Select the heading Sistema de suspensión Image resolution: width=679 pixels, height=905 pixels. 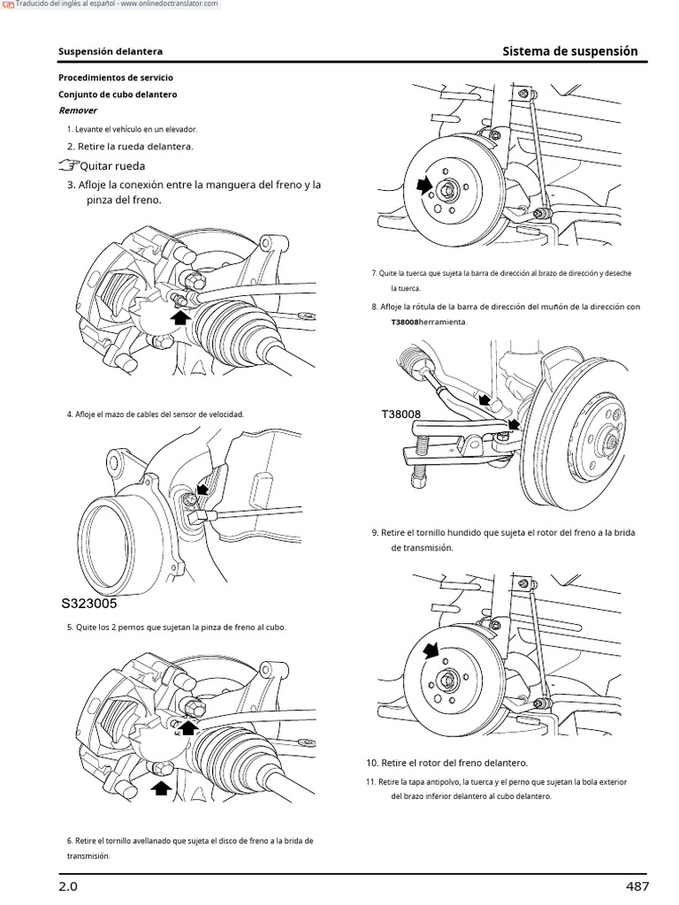569,51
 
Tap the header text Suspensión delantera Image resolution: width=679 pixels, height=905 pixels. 110,52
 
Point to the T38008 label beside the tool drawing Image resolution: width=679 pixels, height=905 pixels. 401,414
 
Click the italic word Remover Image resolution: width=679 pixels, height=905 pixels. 78,110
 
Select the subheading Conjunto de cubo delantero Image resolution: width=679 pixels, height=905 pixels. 118,94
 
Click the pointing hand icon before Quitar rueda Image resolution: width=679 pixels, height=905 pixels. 67,165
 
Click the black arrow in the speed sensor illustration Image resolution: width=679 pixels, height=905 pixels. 202,488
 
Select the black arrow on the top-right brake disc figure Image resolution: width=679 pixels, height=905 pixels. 425,184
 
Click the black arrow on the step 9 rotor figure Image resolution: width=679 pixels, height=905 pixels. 431,650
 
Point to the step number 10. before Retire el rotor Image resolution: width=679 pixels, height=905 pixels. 372,762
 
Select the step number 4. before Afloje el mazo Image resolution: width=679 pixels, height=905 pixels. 70,414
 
